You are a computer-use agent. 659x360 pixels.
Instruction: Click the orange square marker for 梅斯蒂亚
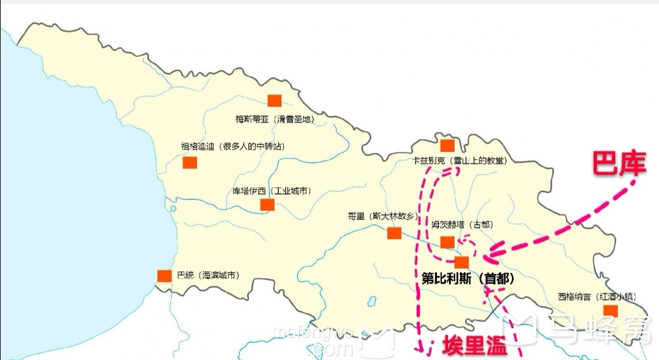click(275, 101)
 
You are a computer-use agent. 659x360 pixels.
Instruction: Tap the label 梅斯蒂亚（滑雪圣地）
click(275, 120)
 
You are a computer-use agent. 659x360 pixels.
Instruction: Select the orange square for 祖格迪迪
click(190, 163)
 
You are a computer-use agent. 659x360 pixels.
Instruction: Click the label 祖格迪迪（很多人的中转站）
click(232, 146)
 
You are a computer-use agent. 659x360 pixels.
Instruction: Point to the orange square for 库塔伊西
click(267, 204)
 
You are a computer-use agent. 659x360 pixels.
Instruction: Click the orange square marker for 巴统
click(164, 276)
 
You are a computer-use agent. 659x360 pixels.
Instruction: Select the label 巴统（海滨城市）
click(207, 275)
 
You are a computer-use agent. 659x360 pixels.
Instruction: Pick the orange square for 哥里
click(394, 232)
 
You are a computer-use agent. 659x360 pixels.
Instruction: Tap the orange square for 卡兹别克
click(447, 145)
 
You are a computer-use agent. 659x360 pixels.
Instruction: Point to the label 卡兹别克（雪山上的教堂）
click(460, 160)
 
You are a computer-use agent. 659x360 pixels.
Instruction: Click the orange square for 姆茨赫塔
click(447, 242)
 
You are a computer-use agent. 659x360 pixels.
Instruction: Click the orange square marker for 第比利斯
click(462, 262)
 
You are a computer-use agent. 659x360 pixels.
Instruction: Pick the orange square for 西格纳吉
click(611, 311)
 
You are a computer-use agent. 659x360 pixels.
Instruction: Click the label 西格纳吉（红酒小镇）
click(597, 297)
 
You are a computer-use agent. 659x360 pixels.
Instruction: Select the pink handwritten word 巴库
click(618, 164)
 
